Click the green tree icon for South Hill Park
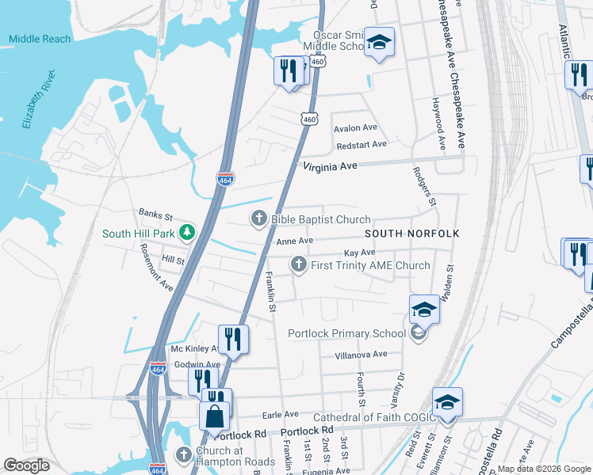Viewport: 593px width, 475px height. pyautogui.click(x=186, y=233)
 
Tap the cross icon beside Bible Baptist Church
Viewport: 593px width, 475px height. pyautogui.click(x=258, y=219)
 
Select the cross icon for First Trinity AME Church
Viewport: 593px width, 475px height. pyautogui.click(x=298, y=265)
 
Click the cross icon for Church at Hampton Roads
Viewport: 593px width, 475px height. pyautogui.click(x=183, y=455)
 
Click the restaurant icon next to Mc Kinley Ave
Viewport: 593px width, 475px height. pyautogui.click(x=233, y=339)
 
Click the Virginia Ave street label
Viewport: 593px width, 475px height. pyautogui.click(x=331, y=166)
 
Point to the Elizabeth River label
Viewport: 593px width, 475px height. pyautogui.click(x=39, y=100)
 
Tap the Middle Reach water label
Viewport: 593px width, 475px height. pyautogui.click(x=40, y=39)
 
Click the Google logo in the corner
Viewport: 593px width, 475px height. pyautogui.click(x=26, y=465)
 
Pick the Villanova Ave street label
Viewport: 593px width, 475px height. pyautogui.click(x=361, y=355)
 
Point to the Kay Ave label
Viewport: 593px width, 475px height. pyautogui.click(x=359, y=253)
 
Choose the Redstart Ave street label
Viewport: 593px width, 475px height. pyautogui.click(x=361, y=144)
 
